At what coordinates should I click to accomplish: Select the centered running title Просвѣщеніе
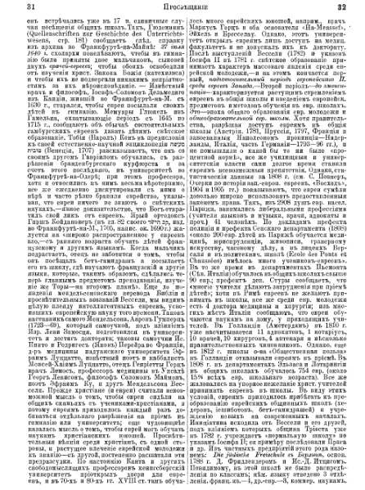tap(182, 7)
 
